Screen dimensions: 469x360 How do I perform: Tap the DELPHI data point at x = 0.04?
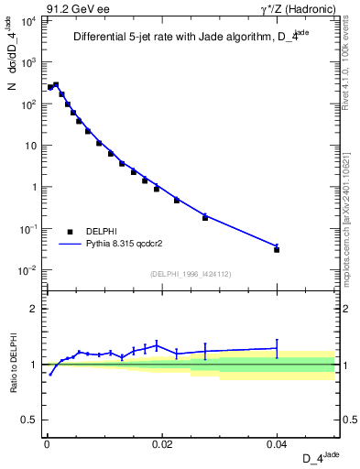277,249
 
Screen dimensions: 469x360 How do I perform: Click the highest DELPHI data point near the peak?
56,85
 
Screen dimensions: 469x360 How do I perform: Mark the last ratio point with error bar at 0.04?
277,348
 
